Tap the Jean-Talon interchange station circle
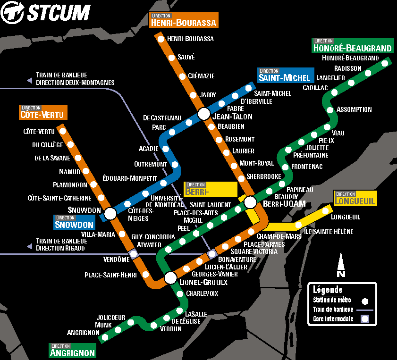click(204, 114)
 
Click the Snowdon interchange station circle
click(110, 214)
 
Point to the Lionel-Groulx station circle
click(170, 278)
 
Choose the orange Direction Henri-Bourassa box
click(184, 20)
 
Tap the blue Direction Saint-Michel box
click(285, 75)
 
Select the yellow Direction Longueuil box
click(355, 198)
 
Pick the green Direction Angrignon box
click(73, 350)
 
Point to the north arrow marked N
click(341, 265)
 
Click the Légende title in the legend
click(328, 290)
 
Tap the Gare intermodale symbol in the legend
click(364, 319)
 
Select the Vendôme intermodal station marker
click(134, 254)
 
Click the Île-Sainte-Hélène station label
click(329, 231)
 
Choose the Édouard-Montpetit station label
click(129, 178)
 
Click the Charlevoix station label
click(202, 293)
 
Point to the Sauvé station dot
click(171, 58)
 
